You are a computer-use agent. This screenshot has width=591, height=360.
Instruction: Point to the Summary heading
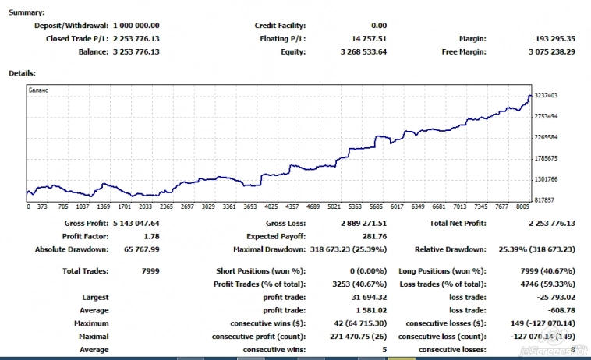tap(26, 13)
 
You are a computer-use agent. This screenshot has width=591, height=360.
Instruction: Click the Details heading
tap(22, 73)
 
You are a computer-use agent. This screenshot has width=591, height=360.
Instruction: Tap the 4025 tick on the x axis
tap(271, 207)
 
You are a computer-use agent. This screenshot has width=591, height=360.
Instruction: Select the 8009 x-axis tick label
tap(522, 207)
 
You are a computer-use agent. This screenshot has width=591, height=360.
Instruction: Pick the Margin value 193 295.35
tap(553, 39)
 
